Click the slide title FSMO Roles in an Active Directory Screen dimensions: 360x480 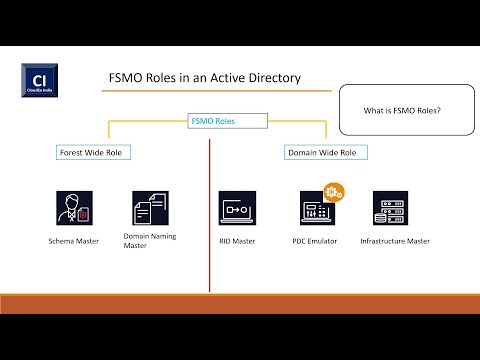tap(204, 77)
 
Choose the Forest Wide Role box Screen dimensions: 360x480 tap(95, 153)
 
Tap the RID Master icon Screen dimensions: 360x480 tap(237, 208)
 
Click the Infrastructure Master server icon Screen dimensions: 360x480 tap(392, 208)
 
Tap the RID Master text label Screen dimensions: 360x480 tap(238, 241)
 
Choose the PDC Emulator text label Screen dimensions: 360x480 tap(316, 241)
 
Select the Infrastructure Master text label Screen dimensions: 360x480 tap(395, 241)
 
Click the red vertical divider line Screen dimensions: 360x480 tap(209, 220)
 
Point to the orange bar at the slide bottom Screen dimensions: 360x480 tap(240, 303)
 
